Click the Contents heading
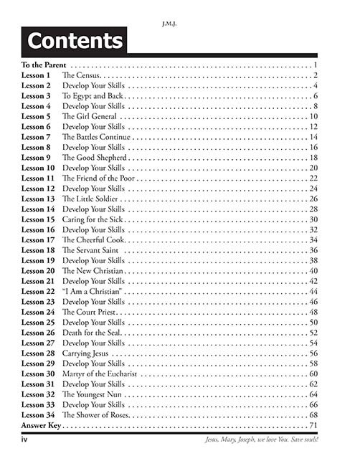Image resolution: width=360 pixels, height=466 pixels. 74,41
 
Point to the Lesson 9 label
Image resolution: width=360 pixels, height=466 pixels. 36,157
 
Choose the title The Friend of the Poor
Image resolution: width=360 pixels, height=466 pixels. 99,178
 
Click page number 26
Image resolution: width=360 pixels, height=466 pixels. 313,199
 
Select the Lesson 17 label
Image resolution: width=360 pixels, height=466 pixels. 38,239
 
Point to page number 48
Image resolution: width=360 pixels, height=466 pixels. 313,312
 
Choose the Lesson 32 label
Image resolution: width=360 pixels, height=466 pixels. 38,395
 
